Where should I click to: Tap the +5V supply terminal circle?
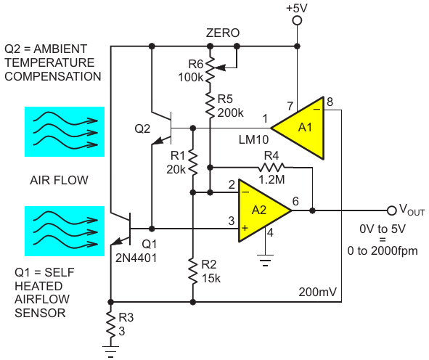coord(297,21)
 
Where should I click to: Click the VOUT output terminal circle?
coord(391,210)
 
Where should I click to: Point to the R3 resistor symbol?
coord(111,325)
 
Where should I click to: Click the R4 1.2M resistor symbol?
coord(271,167)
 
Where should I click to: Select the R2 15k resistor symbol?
coord(193,272)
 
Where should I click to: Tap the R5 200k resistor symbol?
coord(210,105)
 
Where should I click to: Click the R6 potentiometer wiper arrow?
coord(222,67)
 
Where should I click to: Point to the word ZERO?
coord(223,33)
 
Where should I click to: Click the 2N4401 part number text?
coord(136,258)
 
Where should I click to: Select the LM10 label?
coord(253,140)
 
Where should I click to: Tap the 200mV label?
coord(318,292)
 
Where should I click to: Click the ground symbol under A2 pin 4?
coord(265,260)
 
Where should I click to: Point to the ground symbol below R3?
coord(110,351)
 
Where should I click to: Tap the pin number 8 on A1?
coord(330,102)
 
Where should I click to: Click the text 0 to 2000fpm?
coord(383,251)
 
